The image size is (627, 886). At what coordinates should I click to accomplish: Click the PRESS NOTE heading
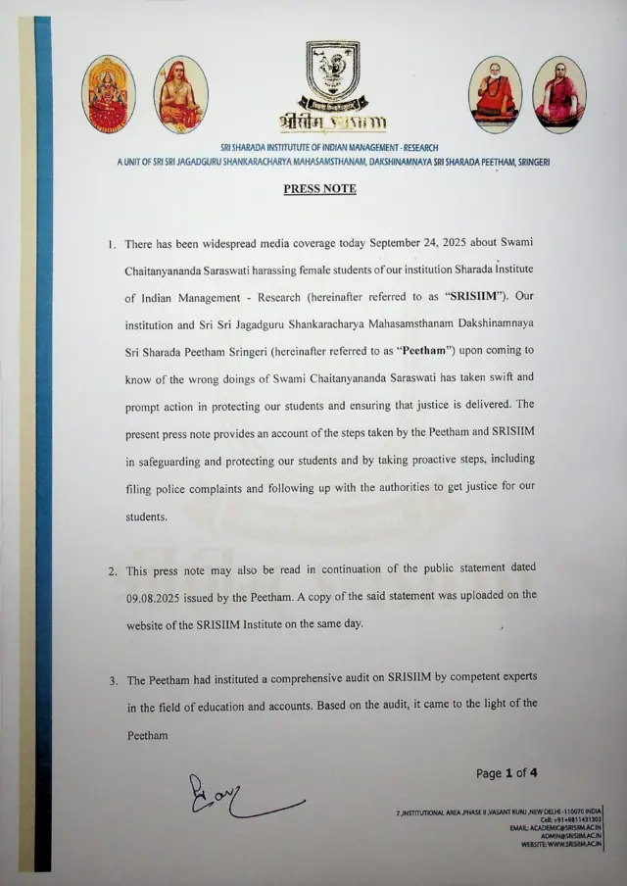pyautogui.click(x=319, y=188)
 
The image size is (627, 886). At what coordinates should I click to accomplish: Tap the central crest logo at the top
pyautogui.click(x=332, y=74)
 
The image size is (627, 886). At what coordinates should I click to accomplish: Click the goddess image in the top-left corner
pyautogui.click(x=108, y=94)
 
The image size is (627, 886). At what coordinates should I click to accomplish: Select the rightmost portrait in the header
pyautogui.click(x=559, y=94)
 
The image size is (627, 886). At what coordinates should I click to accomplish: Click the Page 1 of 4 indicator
pyautogui.click(x=506, y=773)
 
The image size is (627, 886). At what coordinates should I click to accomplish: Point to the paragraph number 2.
pyautogui.click(x=113, y=569)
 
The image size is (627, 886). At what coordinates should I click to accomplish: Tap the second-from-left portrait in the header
pyautogui.click(x=180, y=94)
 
